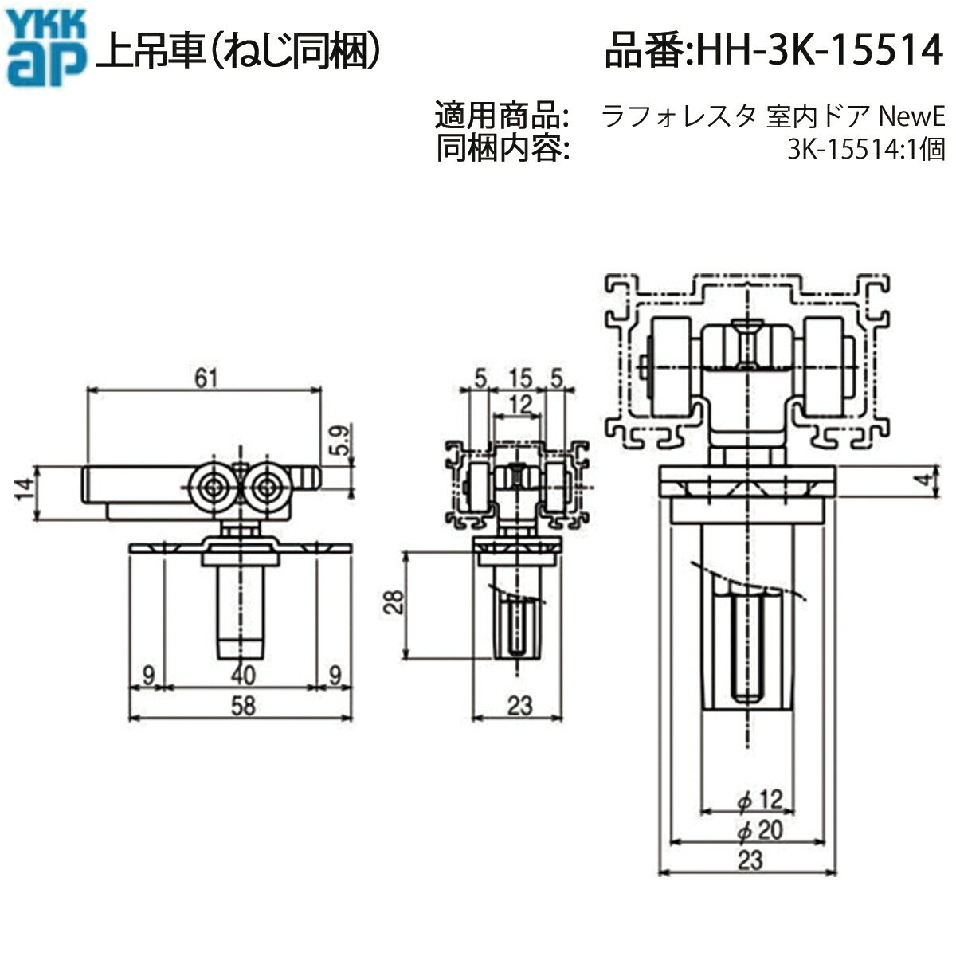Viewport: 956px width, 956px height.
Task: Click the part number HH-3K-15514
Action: tap(773, 51)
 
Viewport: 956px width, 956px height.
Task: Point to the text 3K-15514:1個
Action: tap(865, 150)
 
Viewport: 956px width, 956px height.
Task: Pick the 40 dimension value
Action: tap(242, 675)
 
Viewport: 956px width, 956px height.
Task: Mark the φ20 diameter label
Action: tap(760, 831)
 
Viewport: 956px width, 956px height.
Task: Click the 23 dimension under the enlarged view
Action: tap(750, 860)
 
